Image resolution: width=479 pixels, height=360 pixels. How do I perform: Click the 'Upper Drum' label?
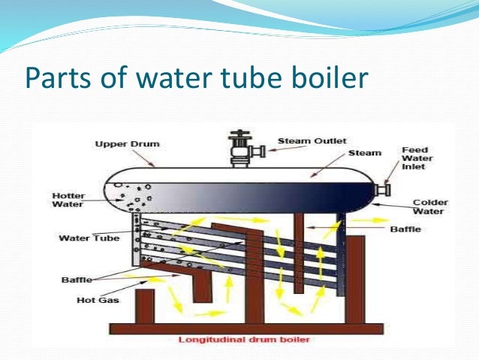(x=122, y=144)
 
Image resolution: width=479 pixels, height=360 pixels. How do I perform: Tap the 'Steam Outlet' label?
(x=301, y=140)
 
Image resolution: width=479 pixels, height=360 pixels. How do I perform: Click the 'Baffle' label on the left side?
(x=76, y=280)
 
